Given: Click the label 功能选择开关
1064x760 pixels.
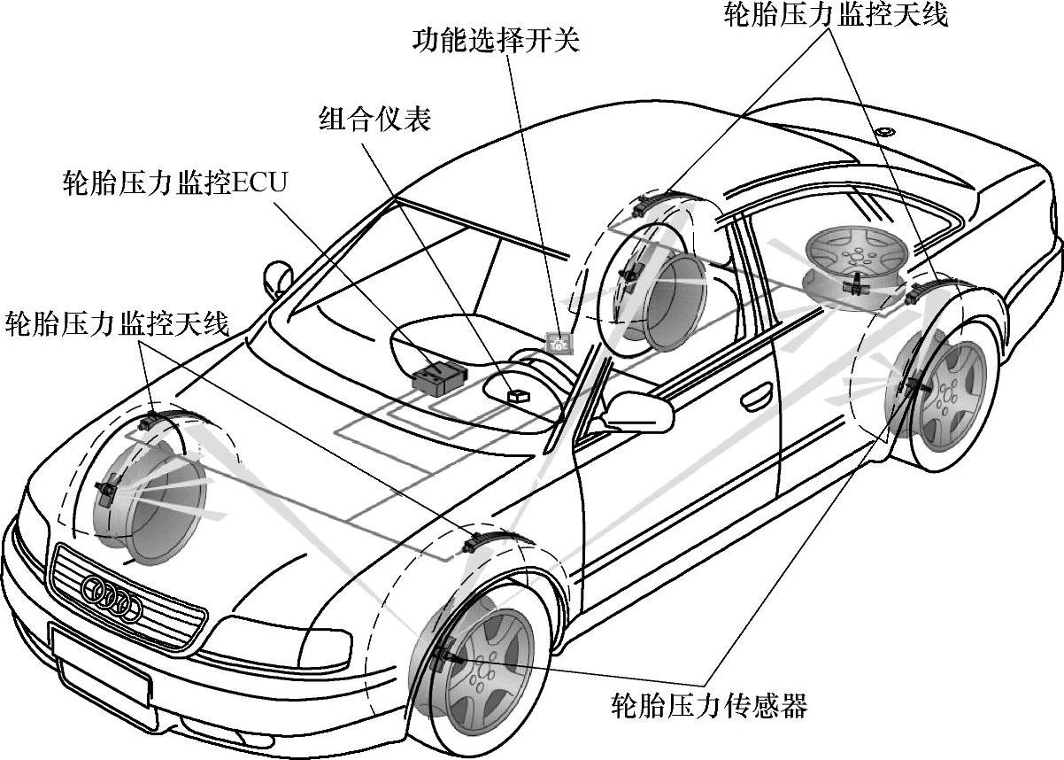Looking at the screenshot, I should coord(497,41).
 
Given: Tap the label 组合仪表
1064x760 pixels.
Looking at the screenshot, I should coord(374,120).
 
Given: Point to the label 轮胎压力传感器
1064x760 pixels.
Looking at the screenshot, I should coord(710,706).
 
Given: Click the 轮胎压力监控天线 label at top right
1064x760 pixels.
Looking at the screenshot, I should coord(836,15).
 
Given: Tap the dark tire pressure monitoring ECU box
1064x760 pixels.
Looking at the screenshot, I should coord(437,378).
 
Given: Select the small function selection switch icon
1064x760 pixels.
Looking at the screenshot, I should coord(559,340).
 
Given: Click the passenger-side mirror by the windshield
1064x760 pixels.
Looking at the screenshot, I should coord(277,275).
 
